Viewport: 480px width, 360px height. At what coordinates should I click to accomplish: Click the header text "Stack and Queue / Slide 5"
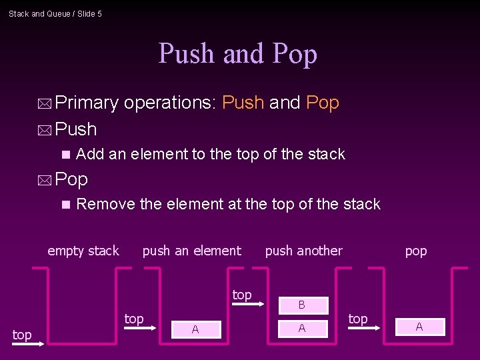tap(55, 13)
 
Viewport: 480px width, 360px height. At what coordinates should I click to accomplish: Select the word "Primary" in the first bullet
tap(87, 103)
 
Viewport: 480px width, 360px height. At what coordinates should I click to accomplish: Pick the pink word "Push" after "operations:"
tap(243, 103)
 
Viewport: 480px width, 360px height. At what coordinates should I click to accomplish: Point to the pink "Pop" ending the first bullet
tap(323, 103)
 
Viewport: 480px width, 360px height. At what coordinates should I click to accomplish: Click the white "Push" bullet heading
tap(76, 128)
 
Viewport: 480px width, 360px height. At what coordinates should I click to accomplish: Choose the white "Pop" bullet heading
tap(72, 179)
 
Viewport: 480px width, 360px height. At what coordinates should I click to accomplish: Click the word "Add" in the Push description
tap(90, 154)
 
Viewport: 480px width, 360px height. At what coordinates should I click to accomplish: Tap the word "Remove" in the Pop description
tap(105, 204)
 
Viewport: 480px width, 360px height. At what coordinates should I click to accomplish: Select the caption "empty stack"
tap(83, 251)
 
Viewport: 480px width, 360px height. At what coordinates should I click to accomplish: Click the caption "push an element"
tap(192, 251)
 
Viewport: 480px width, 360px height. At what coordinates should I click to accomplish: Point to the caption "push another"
tap(303, 251)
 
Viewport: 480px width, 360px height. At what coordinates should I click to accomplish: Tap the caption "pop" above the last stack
tap(416, 251)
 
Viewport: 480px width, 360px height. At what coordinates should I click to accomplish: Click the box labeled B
tap(301, 305)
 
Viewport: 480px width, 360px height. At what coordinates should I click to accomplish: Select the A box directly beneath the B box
tap(301, 328)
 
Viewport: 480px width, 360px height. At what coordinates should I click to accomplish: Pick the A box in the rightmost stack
tap(419, 326)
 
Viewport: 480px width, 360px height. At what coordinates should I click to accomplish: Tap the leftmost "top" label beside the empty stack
tap(22, 335)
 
